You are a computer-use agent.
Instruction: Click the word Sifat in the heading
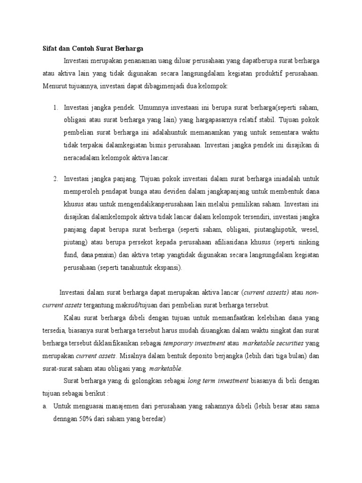pos(45,48)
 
